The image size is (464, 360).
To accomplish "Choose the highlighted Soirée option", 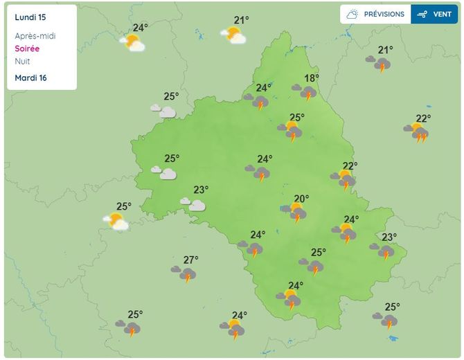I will (27, 48).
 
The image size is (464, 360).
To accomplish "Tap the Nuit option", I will (22, 61).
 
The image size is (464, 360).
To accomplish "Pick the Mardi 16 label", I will (30, 78).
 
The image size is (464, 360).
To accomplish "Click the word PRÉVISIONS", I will (384, 14).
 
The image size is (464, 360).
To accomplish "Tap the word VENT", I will (442, 14).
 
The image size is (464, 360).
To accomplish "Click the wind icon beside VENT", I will (422, 14).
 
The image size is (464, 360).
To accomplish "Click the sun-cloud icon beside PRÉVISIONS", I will (353, 14).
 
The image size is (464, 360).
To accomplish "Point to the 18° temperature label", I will (312, 78).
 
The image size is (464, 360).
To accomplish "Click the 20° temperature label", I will (301, 199).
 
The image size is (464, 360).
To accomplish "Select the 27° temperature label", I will (190, 260).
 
